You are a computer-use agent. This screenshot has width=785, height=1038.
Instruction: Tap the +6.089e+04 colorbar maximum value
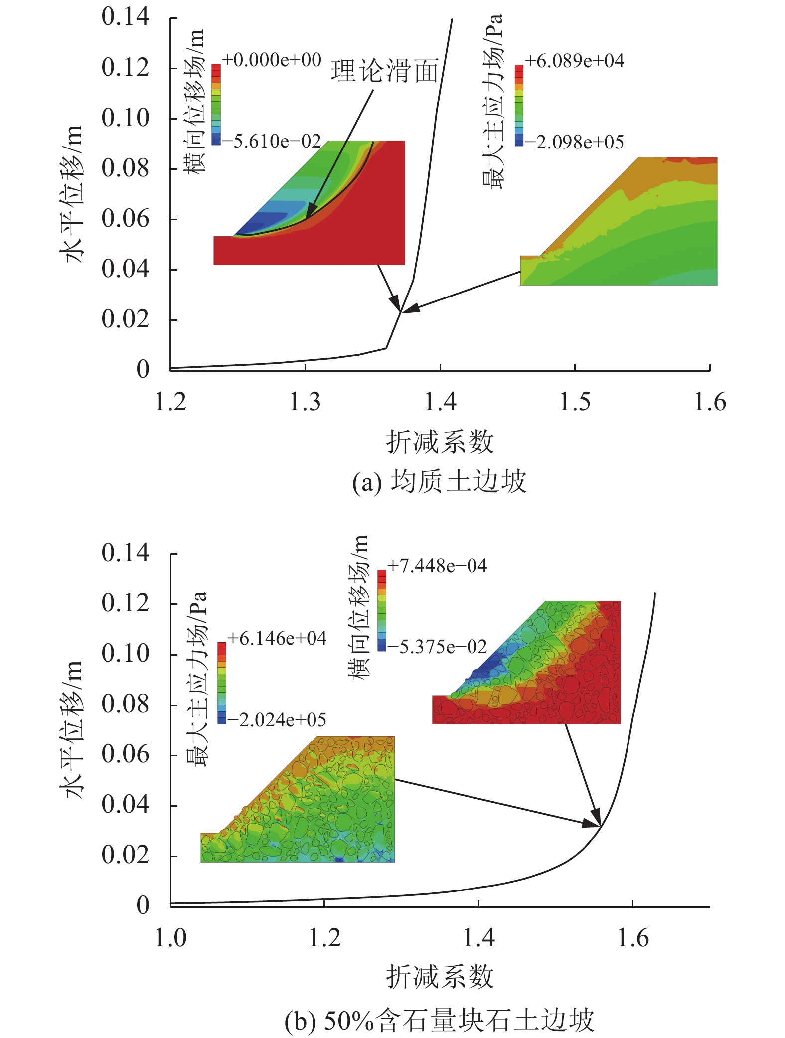pyautogui.click(x=574, y=61)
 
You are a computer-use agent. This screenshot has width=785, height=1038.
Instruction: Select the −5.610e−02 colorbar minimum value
pyautogui.click(x=272, y=142)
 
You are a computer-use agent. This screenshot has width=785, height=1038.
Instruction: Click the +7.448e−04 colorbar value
pyautogui.click(x=437, y=566)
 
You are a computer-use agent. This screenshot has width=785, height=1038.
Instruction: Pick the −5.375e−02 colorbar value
pyautogui.click(x=437, y=647)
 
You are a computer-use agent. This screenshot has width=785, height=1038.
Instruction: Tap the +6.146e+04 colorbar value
pyautogui.click(x=277, y=639)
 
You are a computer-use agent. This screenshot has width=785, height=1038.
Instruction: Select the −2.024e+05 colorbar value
pyautogui.click(x=277, y=720)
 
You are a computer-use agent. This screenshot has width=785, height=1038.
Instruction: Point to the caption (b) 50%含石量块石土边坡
pyautogui.click(x=439, y=1021)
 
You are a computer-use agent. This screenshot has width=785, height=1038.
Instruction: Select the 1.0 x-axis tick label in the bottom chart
pyautogui.click(x=171, y=938)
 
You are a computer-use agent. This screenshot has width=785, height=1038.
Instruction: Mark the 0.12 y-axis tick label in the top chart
pyautogui.click(x=125, y=68)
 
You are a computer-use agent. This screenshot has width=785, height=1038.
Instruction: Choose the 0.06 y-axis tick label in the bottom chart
pyautogui.click(x=125, y=754)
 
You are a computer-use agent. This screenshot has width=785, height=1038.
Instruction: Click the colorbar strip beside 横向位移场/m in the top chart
pyautogui.click(x=216, y=104)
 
